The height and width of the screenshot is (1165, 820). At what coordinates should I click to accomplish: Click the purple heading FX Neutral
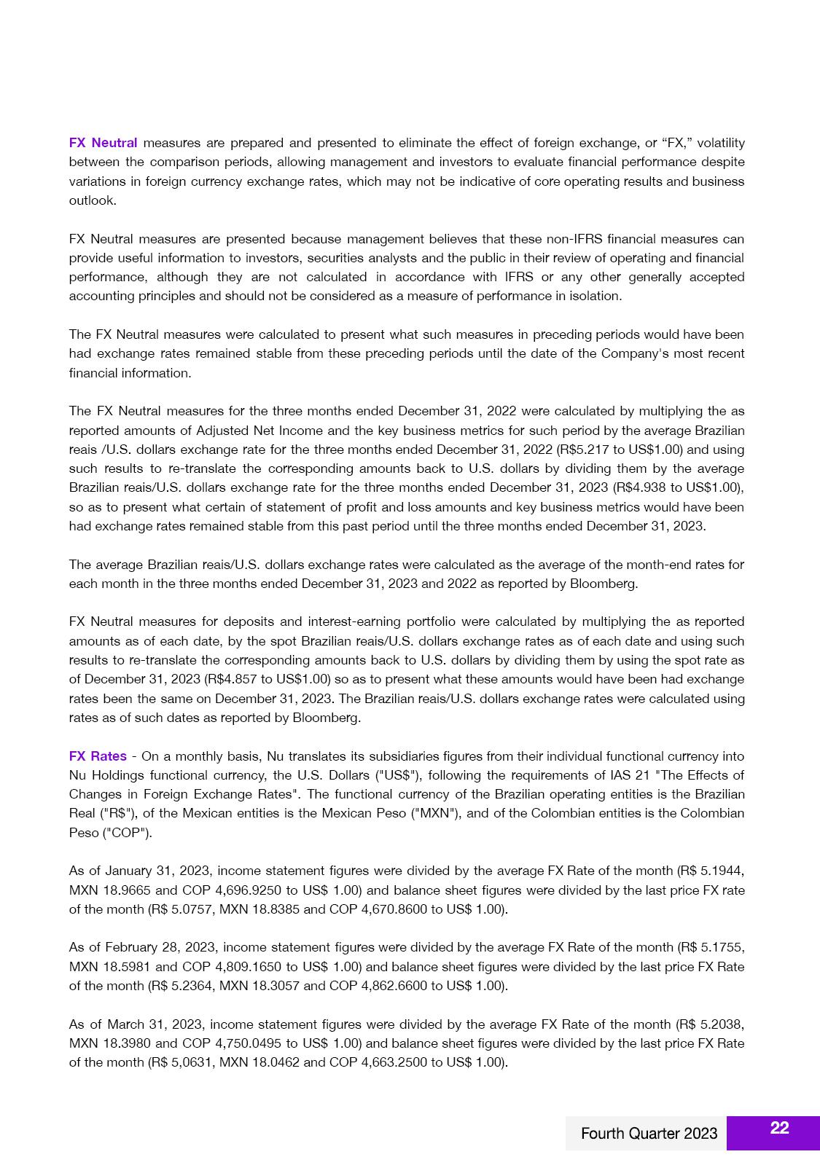pyautogui.click(x=103, y=143)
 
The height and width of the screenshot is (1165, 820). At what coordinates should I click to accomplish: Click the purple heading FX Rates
pyautogui.click(x=98, y=756)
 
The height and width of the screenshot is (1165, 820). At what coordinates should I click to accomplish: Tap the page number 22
pyautogui.click(x=779, y=1128)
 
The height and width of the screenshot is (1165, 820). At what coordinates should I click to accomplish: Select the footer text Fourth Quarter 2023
pyautogui.click(x=649, y=1134)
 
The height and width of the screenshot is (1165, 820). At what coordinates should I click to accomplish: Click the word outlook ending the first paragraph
pyautogui.click(x=93, y=200)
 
